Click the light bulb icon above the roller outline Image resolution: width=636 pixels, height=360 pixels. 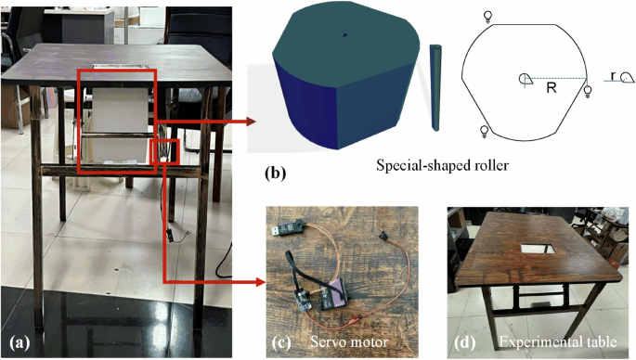(489, 16)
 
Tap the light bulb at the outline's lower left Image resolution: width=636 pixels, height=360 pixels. (483, 129)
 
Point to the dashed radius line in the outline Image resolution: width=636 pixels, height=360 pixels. (557, 78)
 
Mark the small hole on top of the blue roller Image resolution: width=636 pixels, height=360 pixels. (345, 35)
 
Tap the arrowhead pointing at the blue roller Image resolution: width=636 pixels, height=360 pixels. (253, 121)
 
